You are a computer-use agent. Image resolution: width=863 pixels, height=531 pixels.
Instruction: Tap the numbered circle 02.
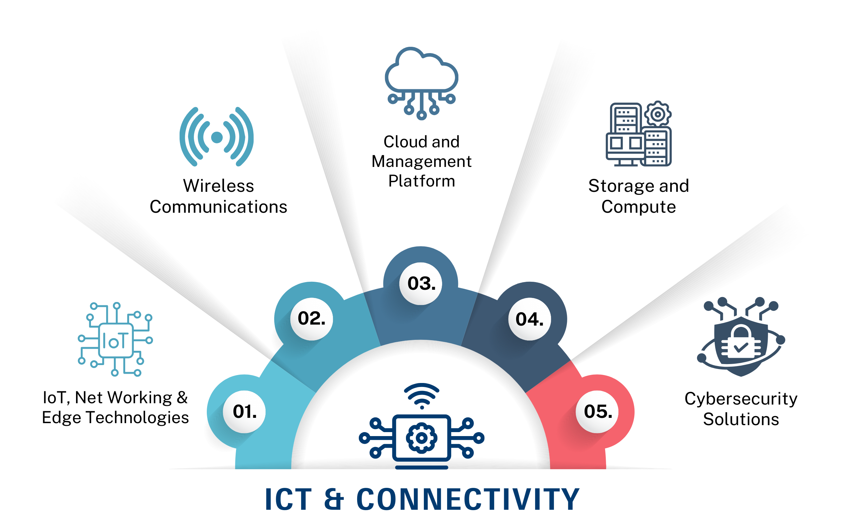pos(312,319)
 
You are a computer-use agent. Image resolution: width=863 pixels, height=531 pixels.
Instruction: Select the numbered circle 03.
pos(421,283)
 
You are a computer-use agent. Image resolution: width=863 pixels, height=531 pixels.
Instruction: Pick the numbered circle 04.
pos(530,319)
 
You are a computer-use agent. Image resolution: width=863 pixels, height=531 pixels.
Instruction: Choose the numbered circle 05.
pos(597,412)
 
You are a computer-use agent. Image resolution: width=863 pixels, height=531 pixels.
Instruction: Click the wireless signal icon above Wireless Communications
pos(217,137)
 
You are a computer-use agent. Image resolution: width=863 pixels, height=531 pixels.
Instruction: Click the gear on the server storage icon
pos(658,114)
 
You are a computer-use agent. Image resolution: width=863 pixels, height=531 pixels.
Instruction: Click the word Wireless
pos(218,186)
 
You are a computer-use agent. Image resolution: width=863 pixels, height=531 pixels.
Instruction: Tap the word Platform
pos(422,181)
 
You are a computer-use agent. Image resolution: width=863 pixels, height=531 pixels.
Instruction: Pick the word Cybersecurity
pos(741,399)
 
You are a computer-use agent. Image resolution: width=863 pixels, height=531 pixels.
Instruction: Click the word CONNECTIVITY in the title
pos(468,499)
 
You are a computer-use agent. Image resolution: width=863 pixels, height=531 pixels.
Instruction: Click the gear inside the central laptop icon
pos(422,438)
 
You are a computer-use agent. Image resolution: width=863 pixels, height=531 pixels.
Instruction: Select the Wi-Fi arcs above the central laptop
pos(422,395)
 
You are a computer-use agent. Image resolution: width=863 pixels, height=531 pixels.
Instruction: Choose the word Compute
pos(639,207)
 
